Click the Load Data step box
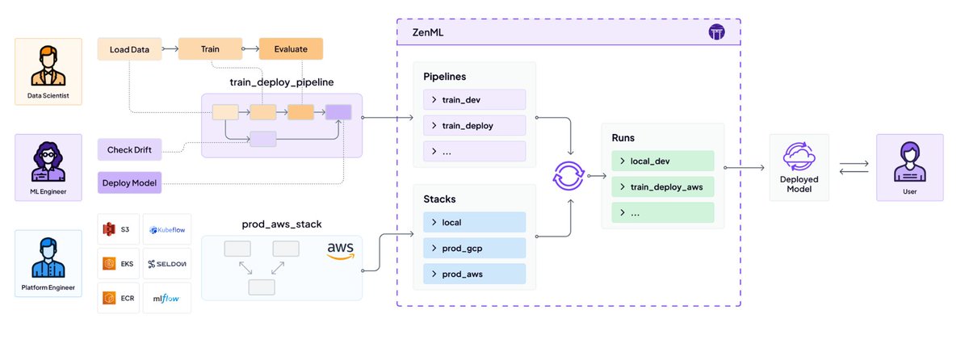tap(128, 49)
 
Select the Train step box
tap(209, 49)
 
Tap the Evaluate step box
tap(291, 49)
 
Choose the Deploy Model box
tap(129, 183)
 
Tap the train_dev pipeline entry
tap(474, 99)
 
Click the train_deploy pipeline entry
tap(474, 125)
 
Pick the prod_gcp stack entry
tap(474, 248)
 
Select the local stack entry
tap(474, 222)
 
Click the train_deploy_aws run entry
tap(662, 187)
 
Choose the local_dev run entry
tap(662, 161)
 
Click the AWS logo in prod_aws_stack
tap(341, 250)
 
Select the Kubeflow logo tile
tap(167, 232)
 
